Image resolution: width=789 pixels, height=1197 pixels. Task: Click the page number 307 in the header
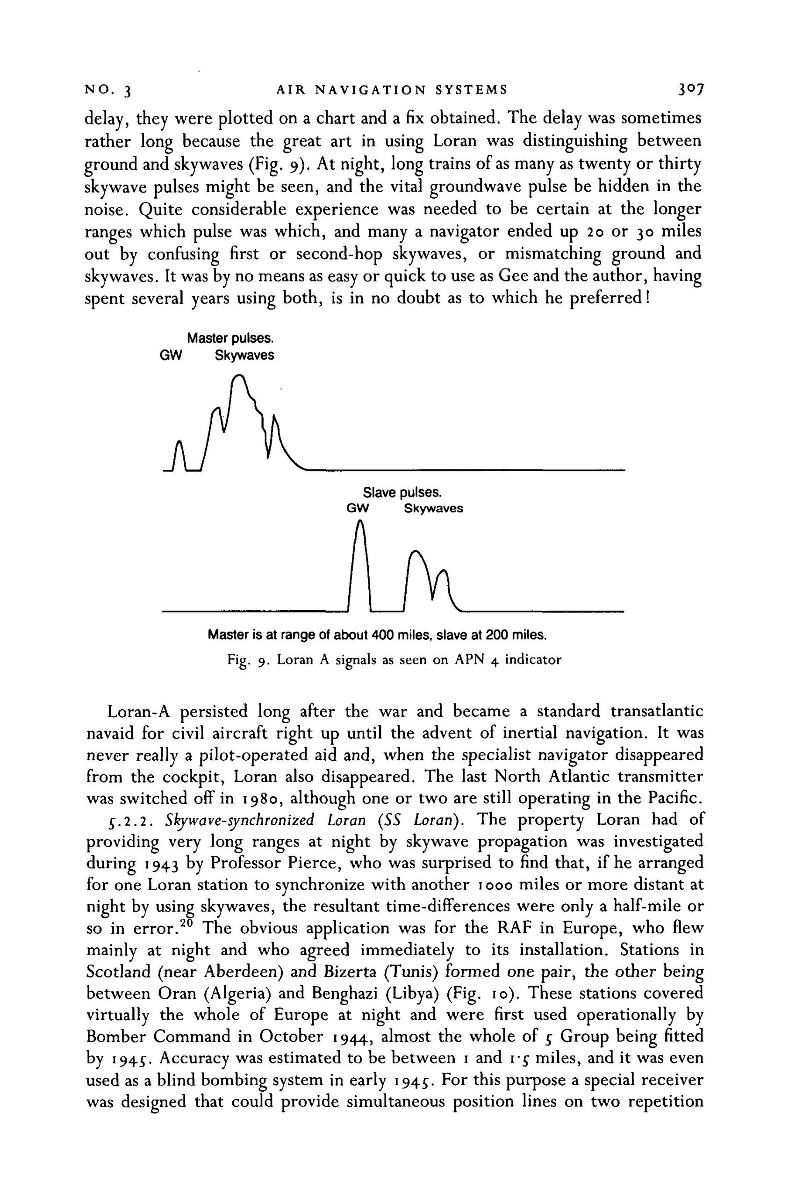(x=689, y=90)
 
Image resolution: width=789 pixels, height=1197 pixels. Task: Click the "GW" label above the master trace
(x=170, y=356)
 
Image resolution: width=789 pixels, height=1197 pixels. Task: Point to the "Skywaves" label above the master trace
(x=244, y=356)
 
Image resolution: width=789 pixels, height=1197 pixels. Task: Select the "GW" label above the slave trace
(x=358, y=508)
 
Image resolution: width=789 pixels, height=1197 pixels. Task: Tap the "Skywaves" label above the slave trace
(x=433, y=508)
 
